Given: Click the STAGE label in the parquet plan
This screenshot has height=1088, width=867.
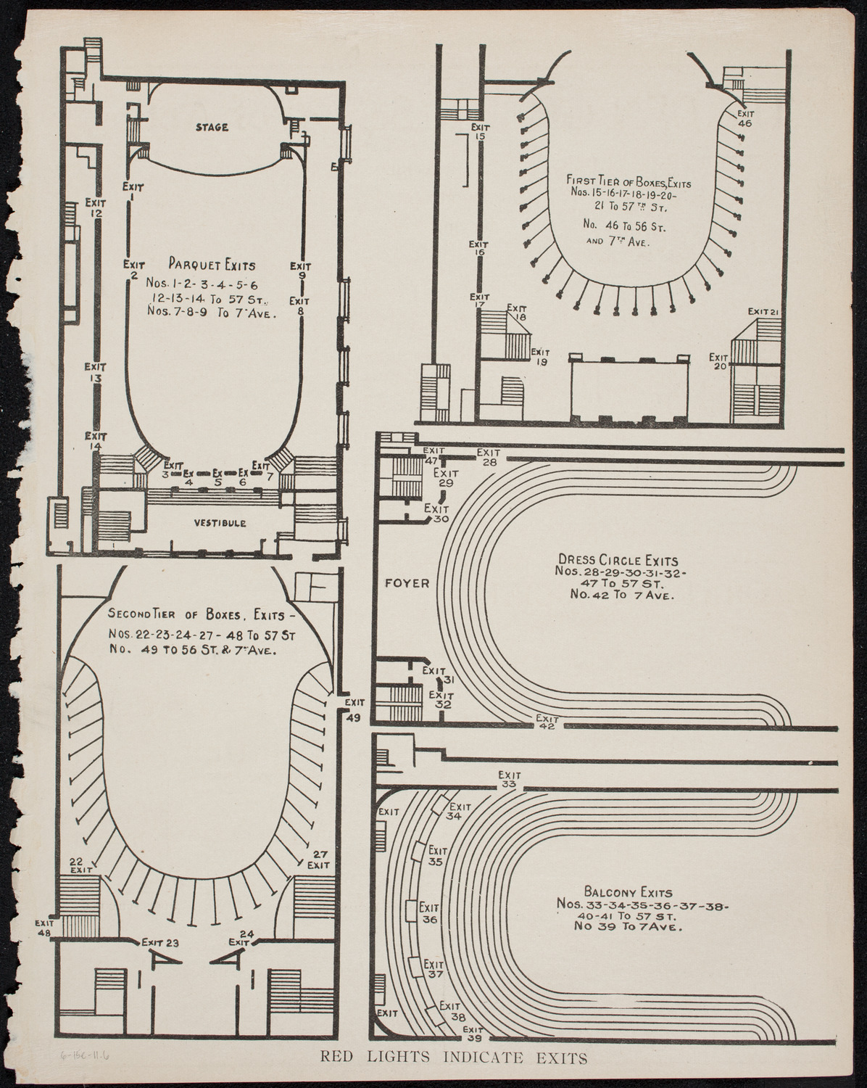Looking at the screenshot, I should (x=212, y=128).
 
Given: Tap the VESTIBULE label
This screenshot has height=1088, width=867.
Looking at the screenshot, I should (x=220, y=522).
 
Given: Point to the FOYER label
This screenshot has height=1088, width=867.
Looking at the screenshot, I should (x=407, y=582).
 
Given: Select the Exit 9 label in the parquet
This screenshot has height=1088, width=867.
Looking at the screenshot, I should (x=301, y=270).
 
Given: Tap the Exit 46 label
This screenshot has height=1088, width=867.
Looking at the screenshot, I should (x=744, y=118).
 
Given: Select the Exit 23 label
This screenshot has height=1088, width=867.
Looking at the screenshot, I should (x=160, y=942).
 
